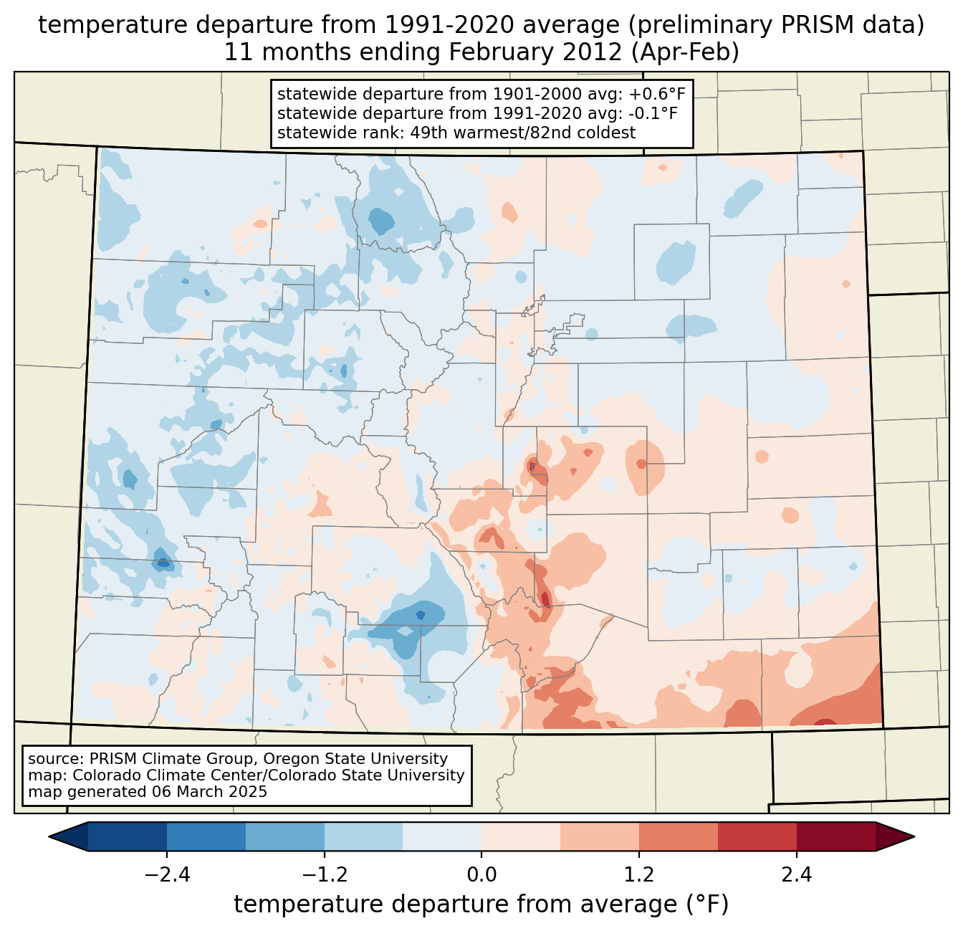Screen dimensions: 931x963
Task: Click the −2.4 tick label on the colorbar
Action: pos(166,874)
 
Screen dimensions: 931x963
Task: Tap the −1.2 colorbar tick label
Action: pos(324,874)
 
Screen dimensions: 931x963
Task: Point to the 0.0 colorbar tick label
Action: pos(481,874)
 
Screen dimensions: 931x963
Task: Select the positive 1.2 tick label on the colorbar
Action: pos(639,874)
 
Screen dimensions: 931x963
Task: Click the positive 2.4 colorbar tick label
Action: pos(797,874)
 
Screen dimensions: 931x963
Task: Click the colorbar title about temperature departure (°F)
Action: pos(481,904)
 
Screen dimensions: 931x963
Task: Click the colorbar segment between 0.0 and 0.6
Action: pos(521,836)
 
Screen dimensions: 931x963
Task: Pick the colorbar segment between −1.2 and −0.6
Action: pos(363,836)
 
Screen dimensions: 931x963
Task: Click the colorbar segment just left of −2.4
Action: pos(128,836)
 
